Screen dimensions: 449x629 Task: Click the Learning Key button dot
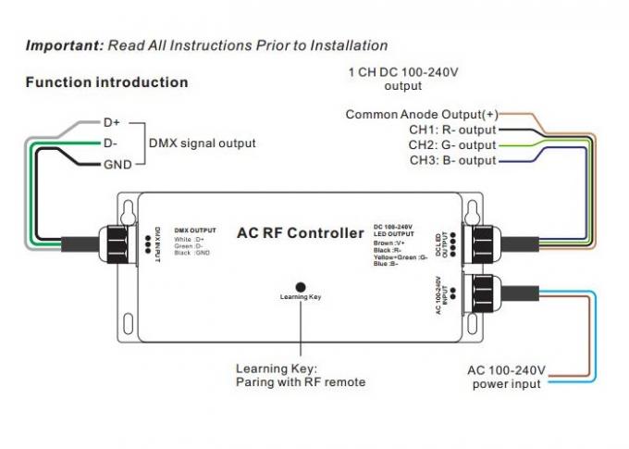[x=301, y=287]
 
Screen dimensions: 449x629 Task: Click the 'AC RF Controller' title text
[x=301, y=232]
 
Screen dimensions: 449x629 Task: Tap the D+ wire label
[x=112, y=121]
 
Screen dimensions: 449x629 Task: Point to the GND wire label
[x=117, y=164]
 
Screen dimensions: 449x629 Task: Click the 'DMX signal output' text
[x=203, y=143]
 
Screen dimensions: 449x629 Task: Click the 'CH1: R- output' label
[x=452, y=130]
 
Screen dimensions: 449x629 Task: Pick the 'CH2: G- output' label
[x=452, y=145]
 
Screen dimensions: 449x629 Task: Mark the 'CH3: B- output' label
[x=452, y=161]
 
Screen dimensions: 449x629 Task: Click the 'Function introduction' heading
[x=106, y=82]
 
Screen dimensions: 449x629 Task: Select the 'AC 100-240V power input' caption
[x=507, y=377]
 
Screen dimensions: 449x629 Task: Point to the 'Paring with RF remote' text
[x=301, y=381]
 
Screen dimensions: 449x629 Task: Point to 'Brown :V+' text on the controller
[x=389, y=243]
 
